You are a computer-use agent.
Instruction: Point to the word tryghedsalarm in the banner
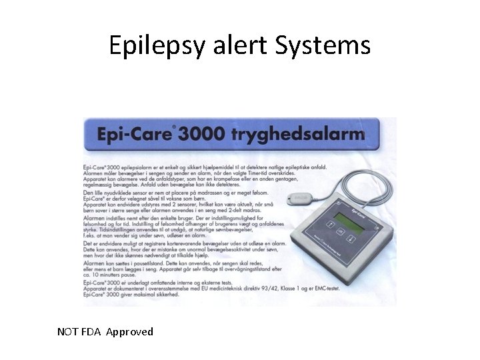click(x=298, y=135)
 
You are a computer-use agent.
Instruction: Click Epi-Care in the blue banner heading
click(x=135, y=134)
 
